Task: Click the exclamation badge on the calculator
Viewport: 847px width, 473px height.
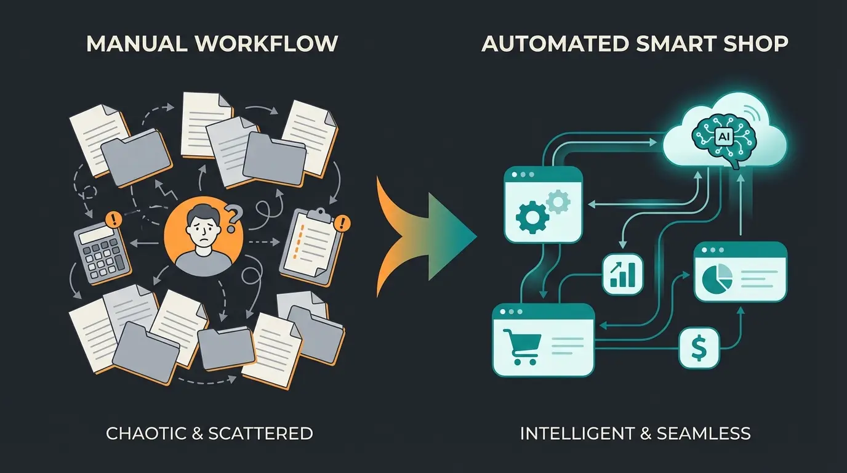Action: point(113,219)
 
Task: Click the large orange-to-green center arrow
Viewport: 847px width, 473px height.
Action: point(425,235)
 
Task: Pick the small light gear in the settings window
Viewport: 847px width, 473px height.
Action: point(558,201)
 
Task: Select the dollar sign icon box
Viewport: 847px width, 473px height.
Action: point(699,348)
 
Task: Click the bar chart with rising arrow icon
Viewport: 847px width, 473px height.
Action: point(622,273)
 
